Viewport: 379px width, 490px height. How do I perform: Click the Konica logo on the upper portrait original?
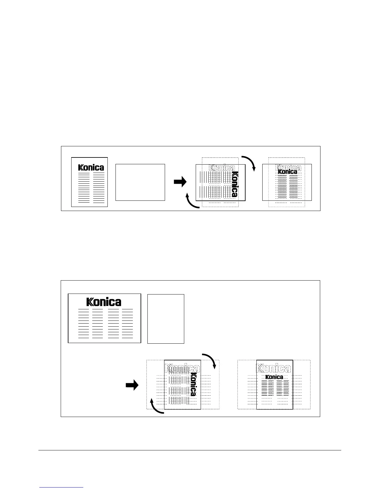(91, 167)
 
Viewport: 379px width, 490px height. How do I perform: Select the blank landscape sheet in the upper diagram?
(140, 182)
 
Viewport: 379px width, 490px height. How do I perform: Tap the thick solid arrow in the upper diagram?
(180, 182)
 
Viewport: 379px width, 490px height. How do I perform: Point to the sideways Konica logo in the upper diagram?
(235, 184)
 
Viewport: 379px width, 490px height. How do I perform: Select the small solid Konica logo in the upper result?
(287, 172)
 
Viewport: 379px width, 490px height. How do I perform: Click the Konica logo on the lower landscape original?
(104, 302)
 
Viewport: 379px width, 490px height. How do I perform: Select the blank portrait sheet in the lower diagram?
(166, 319)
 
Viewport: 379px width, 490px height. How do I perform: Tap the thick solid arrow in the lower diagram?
(132, 385)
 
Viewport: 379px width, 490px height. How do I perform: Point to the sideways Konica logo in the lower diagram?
(193, 384)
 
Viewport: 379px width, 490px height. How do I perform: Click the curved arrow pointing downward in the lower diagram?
(210, 360)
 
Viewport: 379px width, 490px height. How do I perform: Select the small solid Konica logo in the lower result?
(274, 377)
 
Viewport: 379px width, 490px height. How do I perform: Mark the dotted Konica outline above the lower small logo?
(274, 368)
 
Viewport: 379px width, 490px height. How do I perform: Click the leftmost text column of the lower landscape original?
(84, 323)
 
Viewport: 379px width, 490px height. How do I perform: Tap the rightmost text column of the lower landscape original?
(127, 323)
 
